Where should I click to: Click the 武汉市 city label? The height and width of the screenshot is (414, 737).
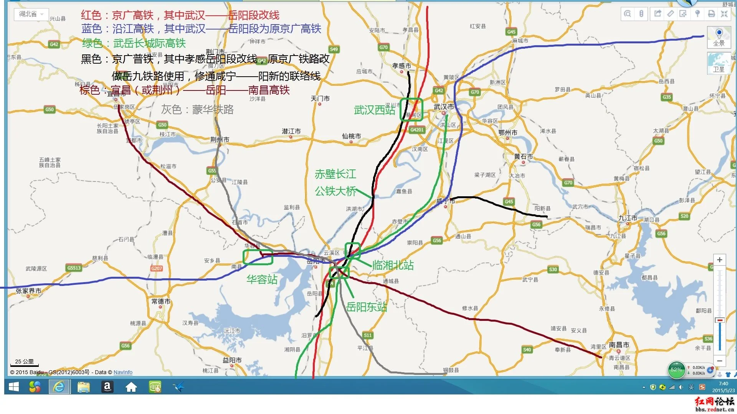(x=444, y=107)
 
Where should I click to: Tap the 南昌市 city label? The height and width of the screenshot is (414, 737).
(x=619, y=345)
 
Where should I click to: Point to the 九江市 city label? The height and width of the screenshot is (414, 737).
(x=628, y=218)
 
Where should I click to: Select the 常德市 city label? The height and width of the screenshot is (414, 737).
(x=161, y=301)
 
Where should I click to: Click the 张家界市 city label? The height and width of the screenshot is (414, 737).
(x=28, y=291)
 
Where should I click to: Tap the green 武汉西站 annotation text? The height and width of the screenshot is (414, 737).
(x=374, y=110)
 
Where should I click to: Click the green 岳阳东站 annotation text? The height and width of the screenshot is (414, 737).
(x=366, y=307)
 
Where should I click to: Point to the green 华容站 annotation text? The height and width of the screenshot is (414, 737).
(x=262, y=279)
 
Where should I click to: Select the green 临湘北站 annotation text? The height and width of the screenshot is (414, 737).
(x=393, y=265)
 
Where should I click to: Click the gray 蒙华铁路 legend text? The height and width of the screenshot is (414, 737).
(x=197, y=110)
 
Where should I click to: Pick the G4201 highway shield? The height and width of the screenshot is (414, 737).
(x=417, y=130)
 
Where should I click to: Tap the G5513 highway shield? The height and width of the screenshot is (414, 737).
(x=74, y=268)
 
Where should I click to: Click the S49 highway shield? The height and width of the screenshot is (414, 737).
(x=334, y=49)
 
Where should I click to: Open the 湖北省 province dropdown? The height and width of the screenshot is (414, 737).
(x=31, y=14)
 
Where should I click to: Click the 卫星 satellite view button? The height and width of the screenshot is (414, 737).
(x=719, y=63)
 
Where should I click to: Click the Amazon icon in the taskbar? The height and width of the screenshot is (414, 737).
(x=107, y=387)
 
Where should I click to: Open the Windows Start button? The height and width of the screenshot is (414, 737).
(x=14, y=387)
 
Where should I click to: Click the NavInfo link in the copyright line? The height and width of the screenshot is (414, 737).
(x=123, y=372)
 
